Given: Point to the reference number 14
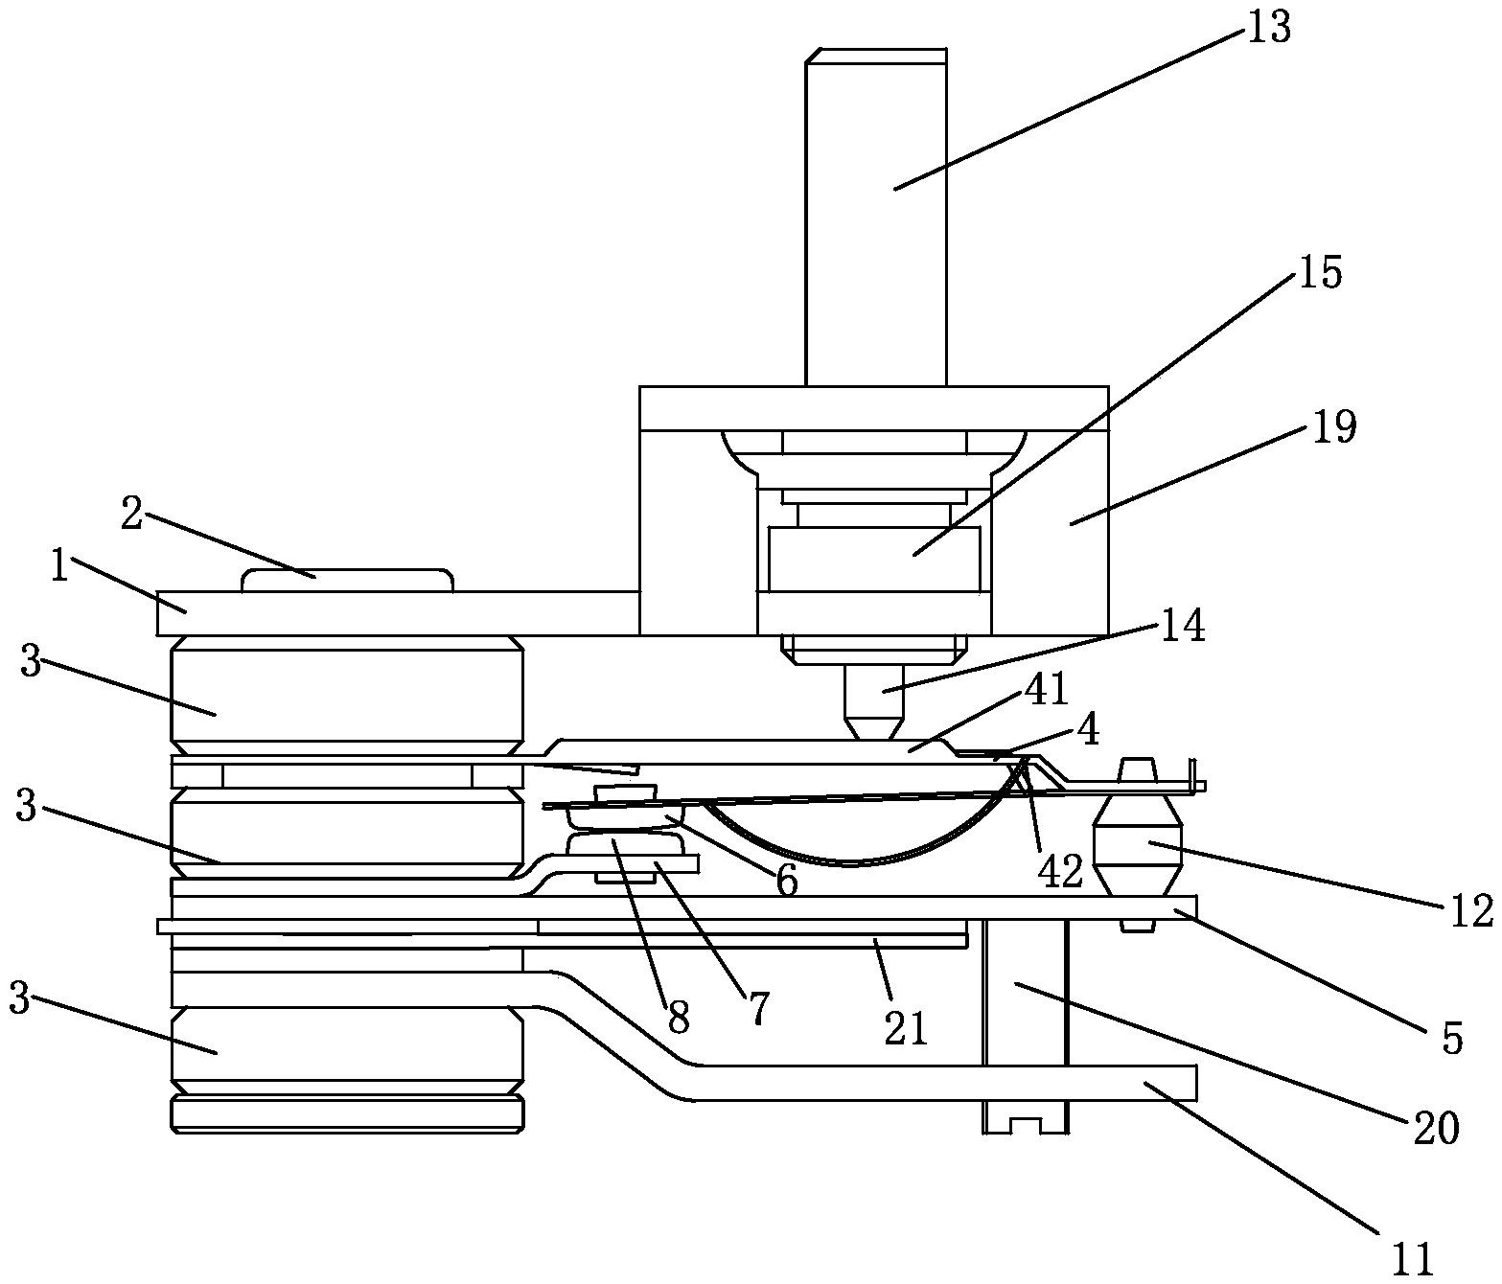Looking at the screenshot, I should [1182, 628].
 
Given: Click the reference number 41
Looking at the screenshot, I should [1047, 689].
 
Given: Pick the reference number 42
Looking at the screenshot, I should [1060, 869].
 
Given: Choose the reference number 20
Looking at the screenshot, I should [1435, 1128].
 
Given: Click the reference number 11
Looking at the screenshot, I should [1412, 1256].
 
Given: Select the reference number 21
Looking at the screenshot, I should [906, 1027].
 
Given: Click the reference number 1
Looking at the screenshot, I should [59, 568].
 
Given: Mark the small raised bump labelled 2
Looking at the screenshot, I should [347, 580].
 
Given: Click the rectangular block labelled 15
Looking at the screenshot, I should [873, 558].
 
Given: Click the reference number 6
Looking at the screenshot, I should [786, 882].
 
